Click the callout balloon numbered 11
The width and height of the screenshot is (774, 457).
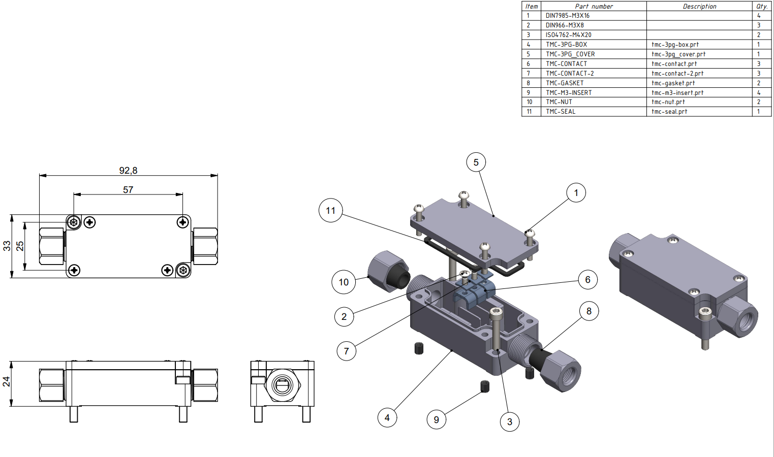[331, 210]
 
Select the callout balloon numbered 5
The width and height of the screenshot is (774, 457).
[476, 162]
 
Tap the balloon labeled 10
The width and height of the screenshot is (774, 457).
[344, 282]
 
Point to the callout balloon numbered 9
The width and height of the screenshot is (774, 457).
[437, 419]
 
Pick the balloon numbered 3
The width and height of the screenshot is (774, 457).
[510, 421]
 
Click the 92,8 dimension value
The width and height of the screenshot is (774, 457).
[128, 171]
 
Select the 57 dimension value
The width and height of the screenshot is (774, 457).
[128, 190]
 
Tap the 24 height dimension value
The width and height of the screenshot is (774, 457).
[7, 381]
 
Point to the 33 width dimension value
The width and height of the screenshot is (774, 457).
[7, 246]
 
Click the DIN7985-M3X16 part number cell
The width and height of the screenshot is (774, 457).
[594, 16]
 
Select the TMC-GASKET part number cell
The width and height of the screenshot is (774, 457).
[594, 83]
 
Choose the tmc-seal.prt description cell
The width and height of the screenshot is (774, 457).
[699, 112]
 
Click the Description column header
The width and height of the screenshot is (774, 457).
[699, 6]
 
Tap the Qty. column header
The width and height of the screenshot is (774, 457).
[762, 6]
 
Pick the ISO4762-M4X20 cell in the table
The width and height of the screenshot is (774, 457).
[594, 35]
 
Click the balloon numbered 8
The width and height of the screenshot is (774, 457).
[589, 311]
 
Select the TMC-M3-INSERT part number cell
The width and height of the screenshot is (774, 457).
[594, 92]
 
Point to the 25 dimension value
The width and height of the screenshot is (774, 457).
[20, 246]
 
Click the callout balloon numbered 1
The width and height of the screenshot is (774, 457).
[576, 192]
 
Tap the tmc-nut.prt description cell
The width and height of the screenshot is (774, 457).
[699, 102]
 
